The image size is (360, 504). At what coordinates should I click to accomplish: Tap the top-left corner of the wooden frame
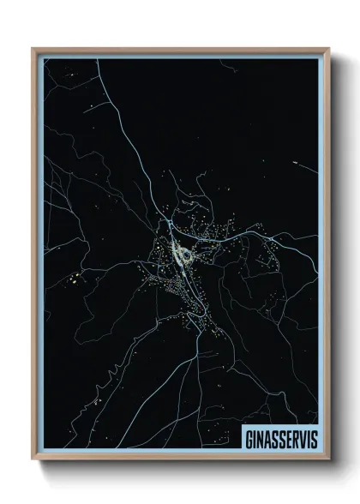[x=33, y=48]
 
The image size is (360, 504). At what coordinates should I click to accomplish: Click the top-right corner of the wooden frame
[x=327, y=48]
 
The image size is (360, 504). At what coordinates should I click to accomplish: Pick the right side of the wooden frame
[x=325, y=257]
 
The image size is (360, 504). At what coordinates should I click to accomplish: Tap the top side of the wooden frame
[x=180, y=50]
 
